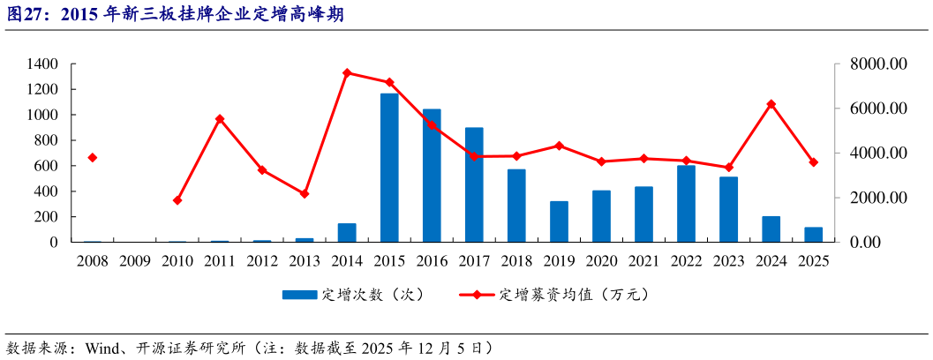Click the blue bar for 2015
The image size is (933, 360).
[389, 168]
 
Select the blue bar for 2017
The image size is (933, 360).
[474, 184]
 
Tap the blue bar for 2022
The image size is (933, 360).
[686, 204]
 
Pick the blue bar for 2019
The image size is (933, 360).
[559, 221]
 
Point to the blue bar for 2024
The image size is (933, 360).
[771, 229]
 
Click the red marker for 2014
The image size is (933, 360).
[347, 73]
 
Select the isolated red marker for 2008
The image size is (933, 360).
[93, 158]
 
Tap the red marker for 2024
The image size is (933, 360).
[771, 104]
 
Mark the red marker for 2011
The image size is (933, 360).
[220, 119]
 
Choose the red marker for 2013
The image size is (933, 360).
[305, 193]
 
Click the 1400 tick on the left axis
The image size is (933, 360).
[42, 64]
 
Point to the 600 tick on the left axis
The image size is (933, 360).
[46, 166]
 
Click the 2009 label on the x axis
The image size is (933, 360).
[135, 261]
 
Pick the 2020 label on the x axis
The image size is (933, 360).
[601, 261]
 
